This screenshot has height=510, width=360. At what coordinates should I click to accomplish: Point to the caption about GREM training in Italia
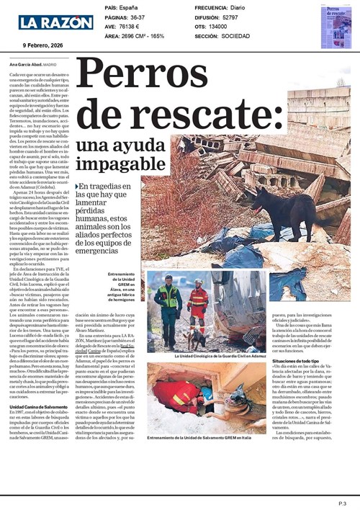(x=199, y=439)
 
